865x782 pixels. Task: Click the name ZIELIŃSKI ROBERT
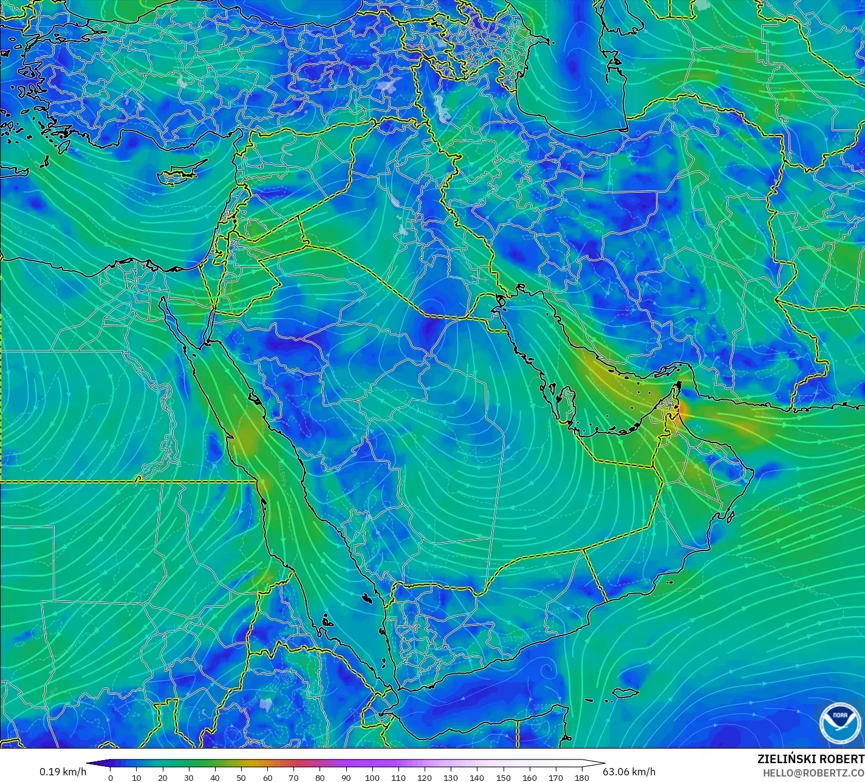810,760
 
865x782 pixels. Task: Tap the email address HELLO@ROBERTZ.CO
813,772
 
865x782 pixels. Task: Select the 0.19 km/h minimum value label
63,772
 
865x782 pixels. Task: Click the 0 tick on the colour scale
110,777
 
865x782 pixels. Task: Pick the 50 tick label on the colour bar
241,777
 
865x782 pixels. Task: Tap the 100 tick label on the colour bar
372,777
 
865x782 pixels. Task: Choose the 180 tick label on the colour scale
582,777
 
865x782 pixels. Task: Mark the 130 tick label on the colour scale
451,777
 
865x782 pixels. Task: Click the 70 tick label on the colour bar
293,777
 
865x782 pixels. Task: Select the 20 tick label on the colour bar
162,777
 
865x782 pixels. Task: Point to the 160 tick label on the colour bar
530,777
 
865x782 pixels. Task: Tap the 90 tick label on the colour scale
346,777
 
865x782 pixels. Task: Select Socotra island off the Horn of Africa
626,693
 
